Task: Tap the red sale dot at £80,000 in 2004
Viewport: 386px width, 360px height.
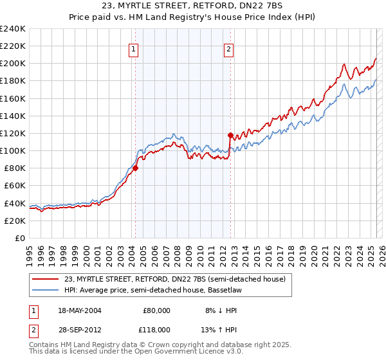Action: click(x=135, y=168)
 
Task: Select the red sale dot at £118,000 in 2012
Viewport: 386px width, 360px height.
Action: click(x=230, y=135)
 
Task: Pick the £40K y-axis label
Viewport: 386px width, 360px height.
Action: click(x=15, y=203)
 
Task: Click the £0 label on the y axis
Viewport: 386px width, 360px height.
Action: click(x=20, y=238)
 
